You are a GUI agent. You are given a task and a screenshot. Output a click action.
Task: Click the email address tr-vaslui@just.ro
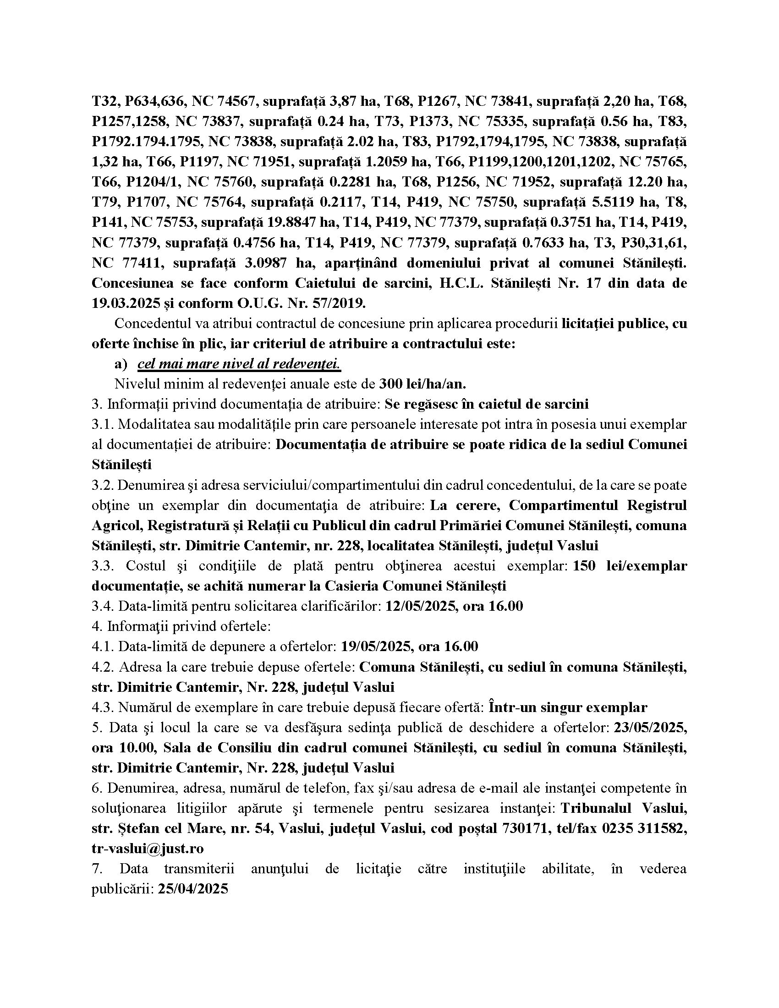pyautogui.click(x=148, y=848)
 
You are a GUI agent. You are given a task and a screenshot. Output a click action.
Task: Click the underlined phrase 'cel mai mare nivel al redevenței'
pyautogui.click(x=239, y=364)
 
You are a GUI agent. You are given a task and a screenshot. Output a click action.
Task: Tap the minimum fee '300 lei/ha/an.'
pyautogui.click(x=423, y=384)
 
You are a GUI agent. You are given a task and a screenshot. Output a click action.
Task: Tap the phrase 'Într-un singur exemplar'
pyautogui.click(x=568, y=707)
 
